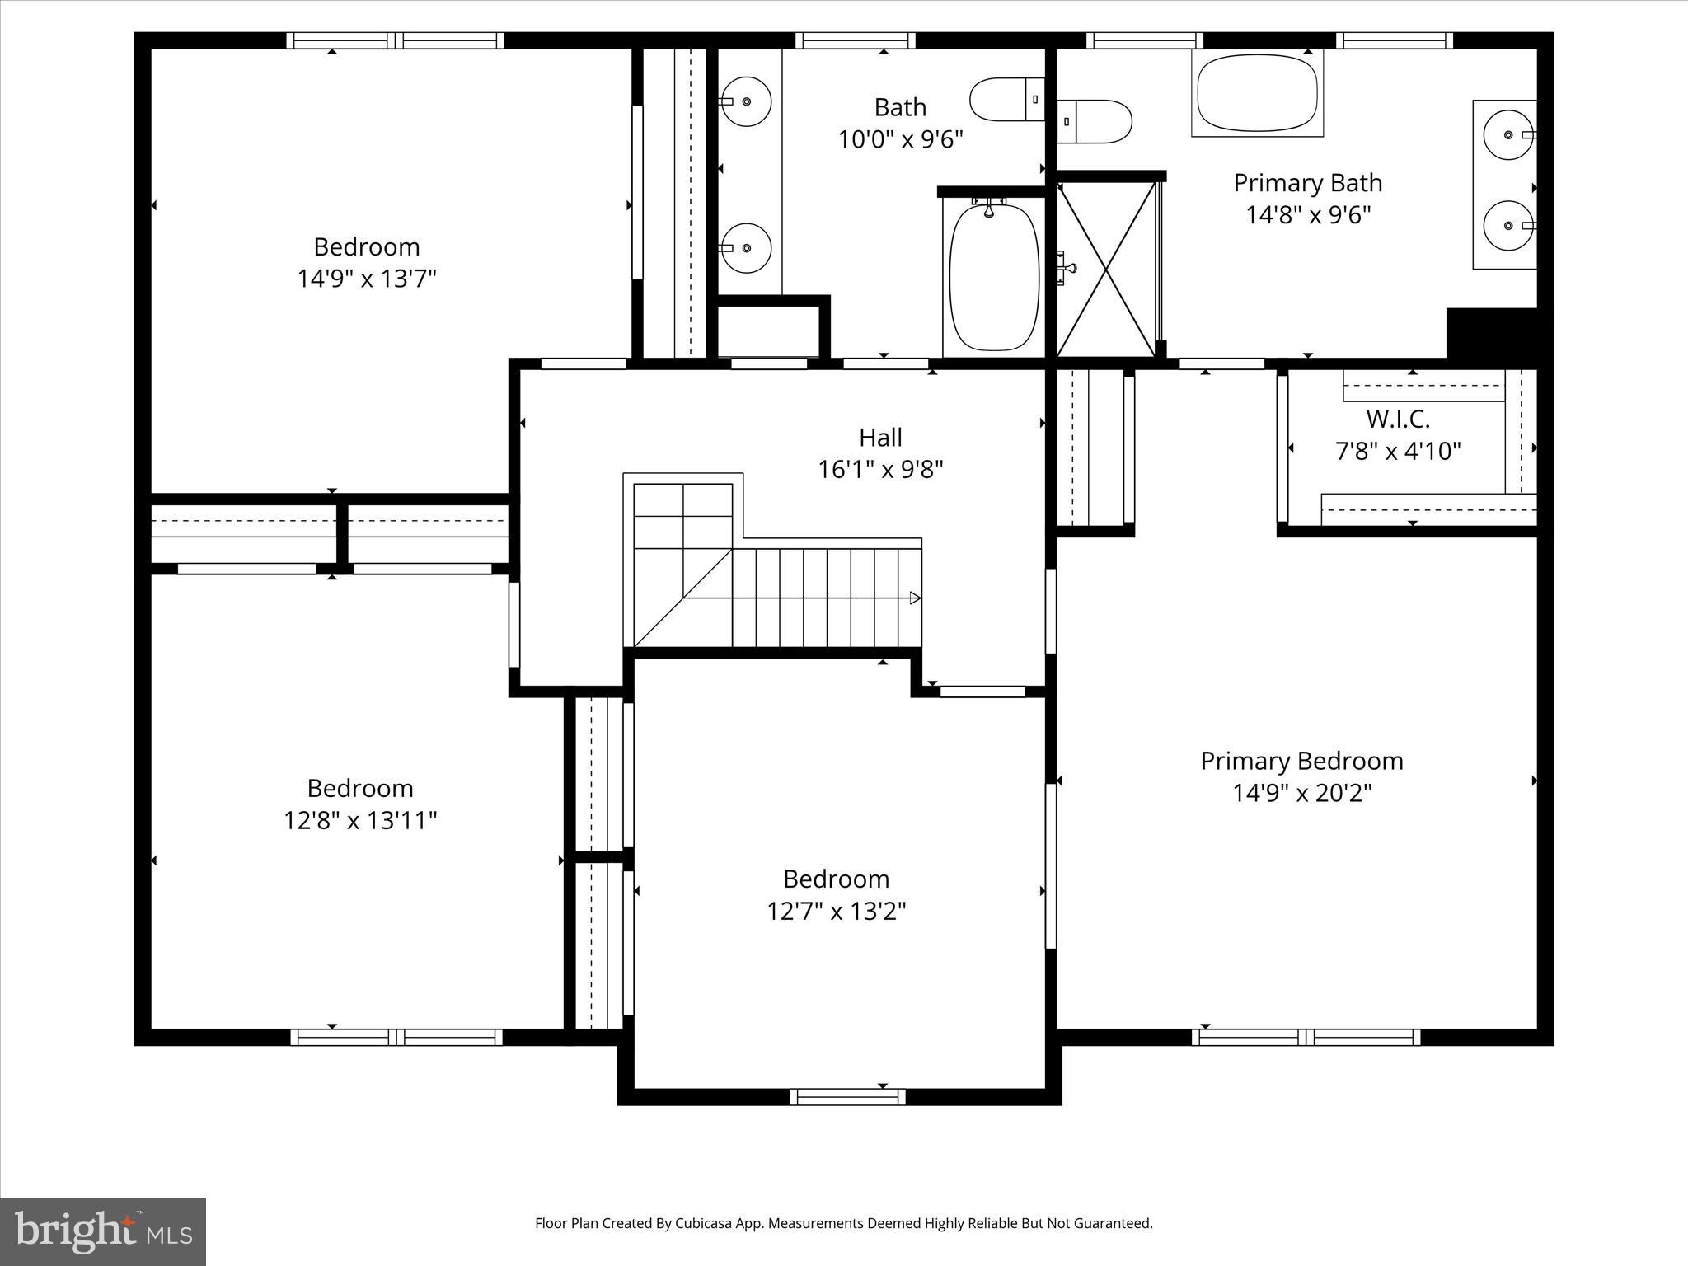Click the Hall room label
pyautogui.click(x=880, y=437)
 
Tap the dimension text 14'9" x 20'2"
pyautogui.click(x=1301, y=793)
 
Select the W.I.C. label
pyautogui.click(x=1397, y=420)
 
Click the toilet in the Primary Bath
pyautogui.click(x=1094, y=122)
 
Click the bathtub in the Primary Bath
pyautogui.click(x=1257, y=93)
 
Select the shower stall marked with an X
pyautogui.click(x=1106, y=269)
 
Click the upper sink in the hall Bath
pyautogui.click(x=746, y=101)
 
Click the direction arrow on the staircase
pyautogui.click(x=915, y=598)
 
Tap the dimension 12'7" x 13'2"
pyautogui.click(x=836, y=912)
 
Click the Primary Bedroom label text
pyautogui.click(x=1301, y=761)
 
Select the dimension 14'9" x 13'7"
pyautogui.click(x=366, y=279)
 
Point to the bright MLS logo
pyautogui.click(x=103, y=1231)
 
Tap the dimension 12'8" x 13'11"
pyautogui.click(x=360, y=821)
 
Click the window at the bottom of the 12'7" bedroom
pyautogui.click(x=847, y=1096)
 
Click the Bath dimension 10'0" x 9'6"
pyautogui.click(x=900, y=139)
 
